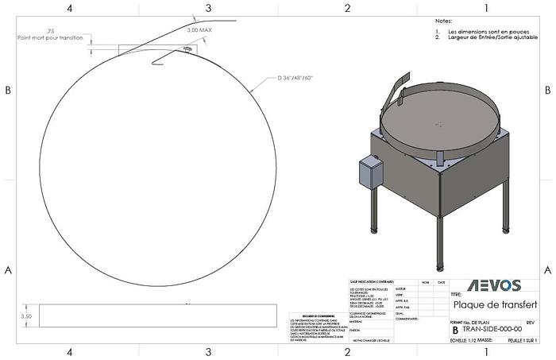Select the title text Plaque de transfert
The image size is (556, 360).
pos(494,304)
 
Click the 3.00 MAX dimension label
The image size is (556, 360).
pos(199,29)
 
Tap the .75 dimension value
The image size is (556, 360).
pos(51,30)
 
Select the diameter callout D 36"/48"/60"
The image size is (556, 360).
pos(296,78)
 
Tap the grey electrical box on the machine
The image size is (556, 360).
pos(370,171)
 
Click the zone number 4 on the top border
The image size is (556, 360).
pos(70,8)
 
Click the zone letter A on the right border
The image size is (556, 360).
pos(547,269)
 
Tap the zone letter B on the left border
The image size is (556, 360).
pos(8,90)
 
